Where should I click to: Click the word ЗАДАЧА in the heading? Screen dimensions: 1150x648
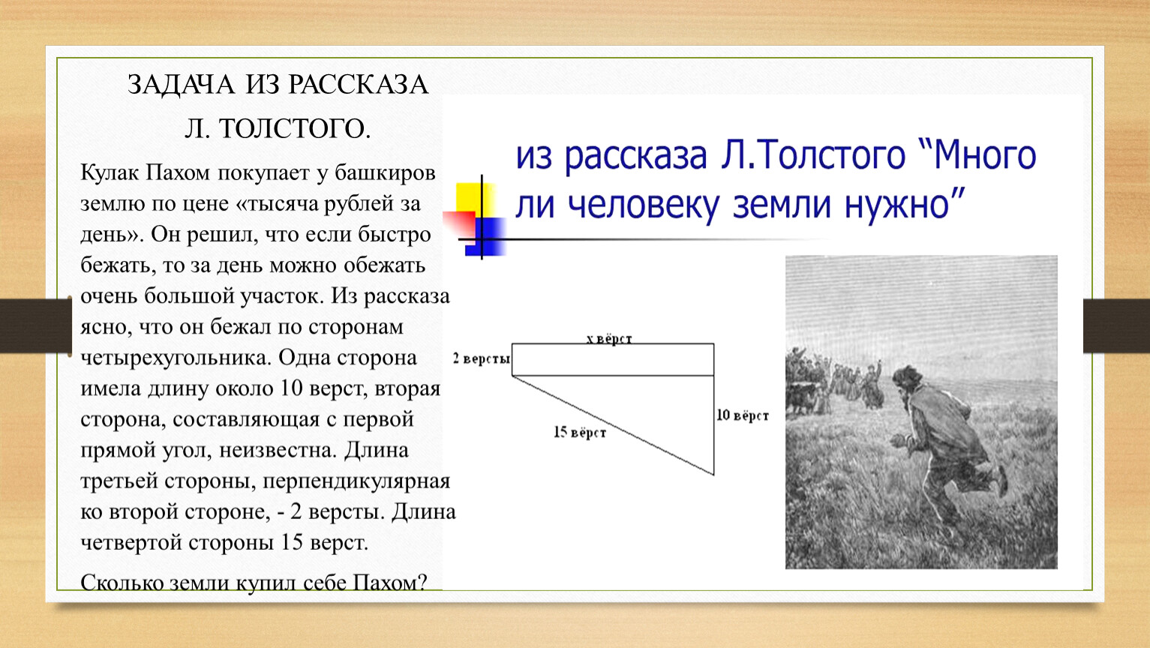coord(182,85)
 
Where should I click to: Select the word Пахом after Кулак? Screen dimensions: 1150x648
coord(178,173)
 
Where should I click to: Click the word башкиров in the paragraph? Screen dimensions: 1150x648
coord(385,173)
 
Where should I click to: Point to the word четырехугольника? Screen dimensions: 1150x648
coord(176,358)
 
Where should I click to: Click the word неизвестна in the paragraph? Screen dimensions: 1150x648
coord(278,450)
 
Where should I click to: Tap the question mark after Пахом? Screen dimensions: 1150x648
coord(422,582)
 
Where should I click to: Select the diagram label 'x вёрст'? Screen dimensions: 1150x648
coord(609,339)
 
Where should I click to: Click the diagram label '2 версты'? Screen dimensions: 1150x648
coord(481,358)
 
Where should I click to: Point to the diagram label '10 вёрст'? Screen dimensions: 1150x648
coord(743,415)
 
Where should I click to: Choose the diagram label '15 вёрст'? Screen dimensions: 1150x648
coord(580,432)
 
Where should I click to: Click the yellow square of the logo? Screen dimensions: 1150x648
coord(475,201)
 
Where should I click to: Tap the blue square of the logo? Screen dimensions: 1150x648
coord(485,237)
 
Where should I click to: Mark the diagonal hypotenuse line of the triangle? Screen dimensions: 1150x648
coord(613,425)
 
